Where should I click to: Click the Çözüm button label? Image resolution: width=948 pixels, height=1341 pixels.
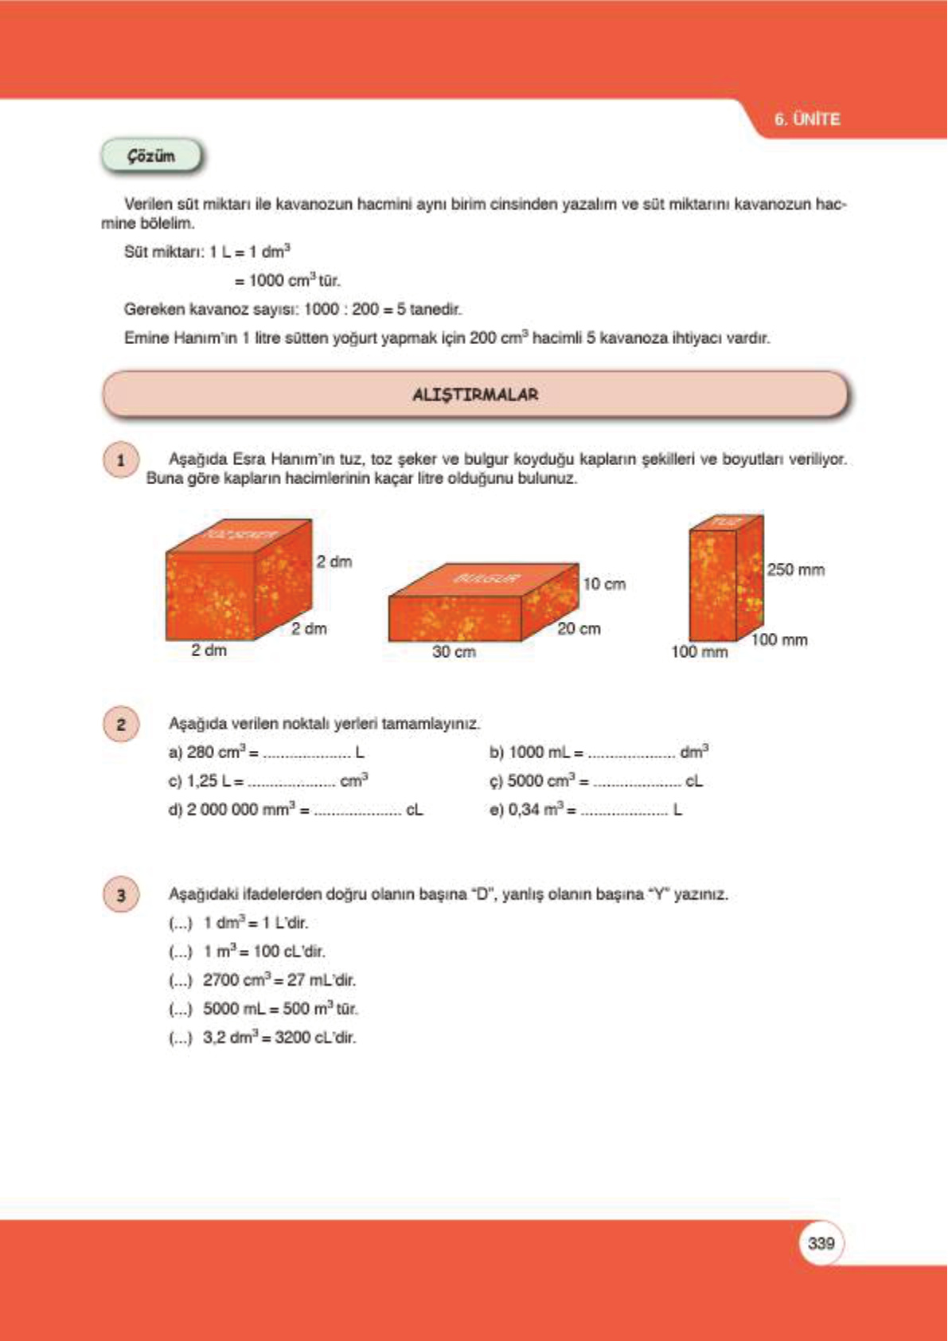[151, 156]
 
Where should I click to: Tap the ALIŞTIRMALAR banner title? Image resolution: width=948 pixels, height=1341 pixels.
[475, 394]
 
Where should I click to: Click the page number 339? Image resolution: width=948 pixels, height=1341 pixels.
[821, 1243]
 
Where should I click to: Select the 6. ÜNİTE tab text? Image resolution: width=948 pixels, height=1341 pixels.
[807, 119]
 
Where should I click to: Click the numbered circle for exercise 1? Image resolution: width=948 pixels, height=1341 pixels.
[121, 460]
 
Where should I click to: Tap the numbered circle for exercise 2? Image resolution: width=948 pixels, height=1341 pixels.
[121, 725]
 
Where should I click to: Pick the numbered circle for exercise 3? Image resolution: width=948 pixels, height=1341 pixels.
[121, 895]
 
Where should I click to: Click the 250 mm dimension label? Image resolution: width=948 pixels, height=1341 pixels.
[796, 569]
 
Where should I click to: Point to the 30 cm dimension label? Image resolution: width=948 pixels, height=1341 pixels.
[454, 651]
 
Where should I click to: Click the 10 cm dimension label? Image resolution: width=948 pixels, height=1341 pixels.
[604, 584]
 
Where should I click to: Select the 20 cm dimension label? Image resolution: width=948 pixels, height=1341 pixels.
[579, 628]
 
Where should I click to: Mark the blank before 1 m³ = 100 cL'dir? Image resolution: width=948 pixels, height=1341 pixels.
[181, 952]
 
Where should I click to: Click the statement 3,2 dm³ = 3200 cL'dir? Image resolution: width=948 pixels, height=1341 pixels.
[279, 1038]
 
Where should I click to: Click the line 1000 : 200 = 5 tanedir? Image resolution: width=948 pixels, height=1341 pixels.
[382, 309]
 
